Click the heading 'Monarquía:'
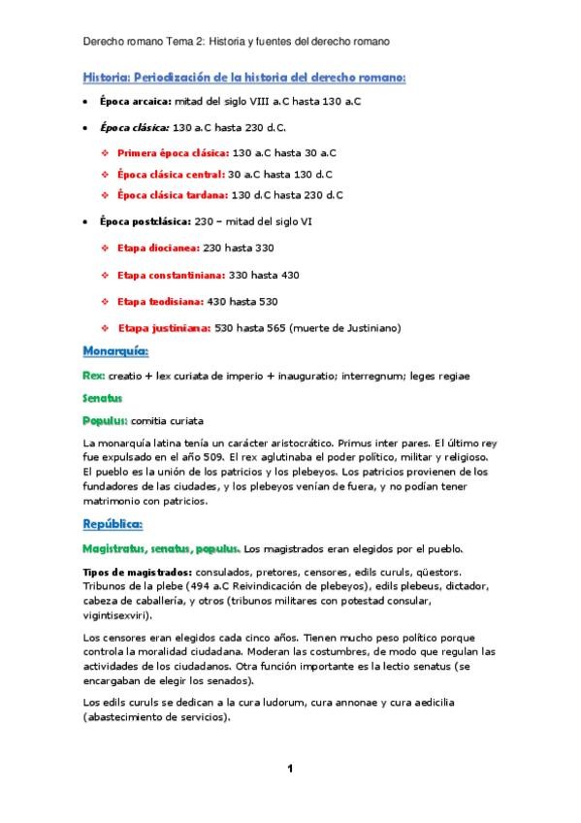tap(114, 350)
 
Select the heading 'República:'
tap(113, 524)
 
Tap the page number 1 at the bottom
tap(289, 769)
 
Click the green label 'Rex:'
tap(94, 374)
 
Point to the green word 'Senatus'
tap(103, 397)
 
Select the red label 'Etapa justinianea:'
tap(164, 327)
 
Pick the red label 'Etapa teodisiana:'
tap(159, 301)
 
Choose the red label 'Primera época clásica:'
tap(173, 152)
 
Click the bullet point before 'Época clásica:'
tap(87, 127)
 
